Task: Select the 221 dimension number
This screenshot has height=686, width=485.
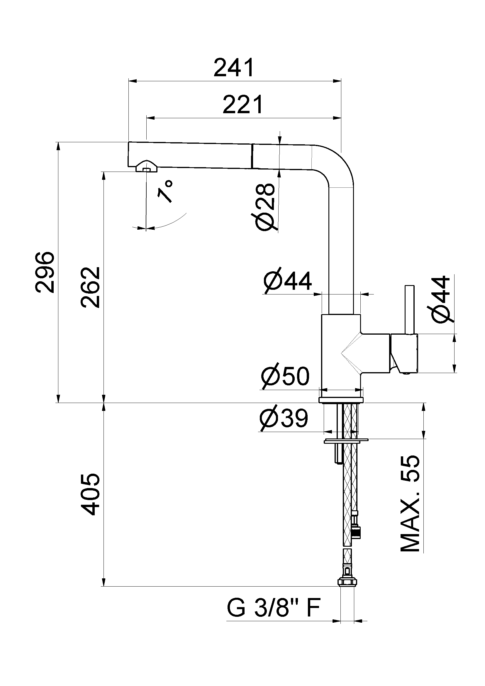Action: tap(243, 105)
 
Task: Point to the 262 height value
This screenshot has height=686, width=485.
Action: tap(90, 287)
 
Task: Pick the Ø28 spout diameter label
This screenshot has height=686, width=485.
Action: tap(265, 207)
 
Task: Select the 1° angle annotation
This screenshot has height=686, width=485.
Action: tap(165, 191)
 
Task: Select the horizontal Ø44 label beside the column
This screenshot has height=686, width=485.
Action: tap(288, 281)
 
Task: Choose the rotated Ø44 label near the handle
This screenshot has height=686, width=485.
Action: tap(442, 300)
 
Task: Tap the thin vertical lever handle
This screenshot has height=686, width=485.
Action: tap(409, 309)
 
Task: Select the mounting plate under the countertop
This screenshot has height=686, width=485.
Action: tap(346, 441)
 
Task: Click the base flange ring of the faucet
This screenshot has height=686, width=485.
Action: tap(341, 400)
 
